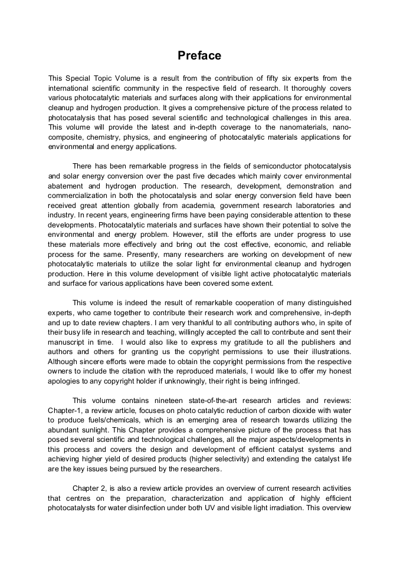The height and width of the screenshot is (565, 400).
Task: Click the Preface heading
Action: (199, 55)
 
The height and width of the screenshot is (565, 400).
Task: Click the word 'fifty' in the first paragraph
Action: (261, 78)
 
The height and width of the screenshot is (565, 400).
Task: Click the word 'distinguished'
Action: (326, 302)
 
